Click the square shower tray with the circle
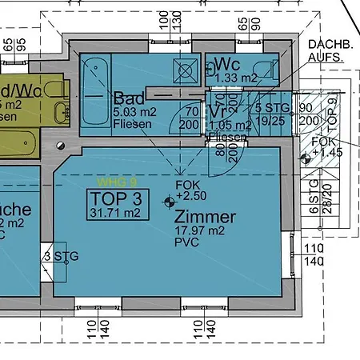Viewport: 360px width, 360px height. point(187,70)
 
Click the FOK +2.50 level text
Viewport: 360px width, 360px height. point(190,190)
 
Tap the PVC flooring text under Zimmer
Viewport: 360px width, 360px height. point(186,242)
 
